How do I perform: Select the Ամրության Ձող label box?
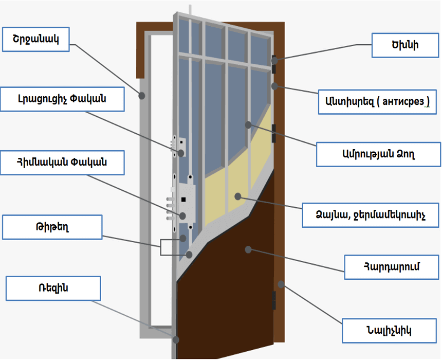pos(378,155)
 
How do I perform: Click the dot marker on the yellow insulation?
pos(237,196)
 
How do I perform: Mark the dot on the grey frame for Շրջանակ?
pos(142,95)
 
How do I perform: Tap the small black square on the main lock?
pos(183,200)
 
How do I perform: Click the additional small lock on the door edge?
pos(179,147)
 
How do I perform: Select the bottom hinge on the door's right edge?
pos(274,301)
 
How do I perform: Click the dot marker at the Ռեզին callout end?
pos(176,340)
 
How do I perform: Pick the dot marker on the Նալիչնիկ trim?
pos(281,283)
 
